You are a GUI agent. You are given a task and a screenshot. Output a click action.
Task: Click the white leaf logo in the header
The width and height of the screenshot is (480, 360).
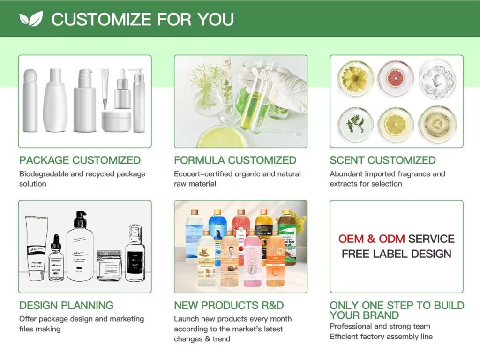[x=31, y=18]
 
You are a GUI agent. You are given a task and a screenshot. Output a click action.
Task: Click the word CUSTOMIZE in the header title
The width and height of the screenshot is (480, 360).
[x=101, y=19]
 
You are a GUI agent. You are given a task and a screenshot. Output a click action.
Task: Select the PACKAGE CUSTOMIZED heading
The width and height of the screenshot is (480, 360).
[x=80, y=160]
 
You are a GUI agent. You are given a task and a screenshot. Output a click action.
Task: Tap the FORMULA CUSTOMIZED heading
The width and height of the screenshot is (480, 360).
[x=235, y=160]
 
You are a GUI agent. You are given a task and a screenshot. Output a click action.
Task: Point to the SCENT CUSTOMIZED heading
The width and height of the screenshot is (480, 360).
[x=382, y=160]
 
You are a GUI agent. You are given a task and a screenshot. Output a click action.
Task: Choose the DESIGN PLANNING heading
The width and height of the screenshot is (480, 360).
[x=66, y=305]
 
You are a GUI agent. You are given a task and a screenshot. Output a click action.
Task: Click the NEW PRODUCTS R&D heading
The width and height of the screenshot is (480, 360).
[x=229, y=305]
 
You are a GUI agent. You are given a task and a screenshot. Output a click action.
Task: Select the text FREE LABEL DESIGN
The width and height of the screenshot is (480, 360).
[x=396, y=254]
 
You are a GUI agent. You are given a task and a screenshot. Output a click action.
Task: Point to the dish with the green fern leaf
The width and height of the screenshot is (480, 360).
[x=355, y=124]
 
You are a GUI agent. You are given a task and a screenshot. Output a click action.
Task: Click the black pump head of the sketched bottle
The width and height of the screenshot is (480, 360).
[x=80, y=219]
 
